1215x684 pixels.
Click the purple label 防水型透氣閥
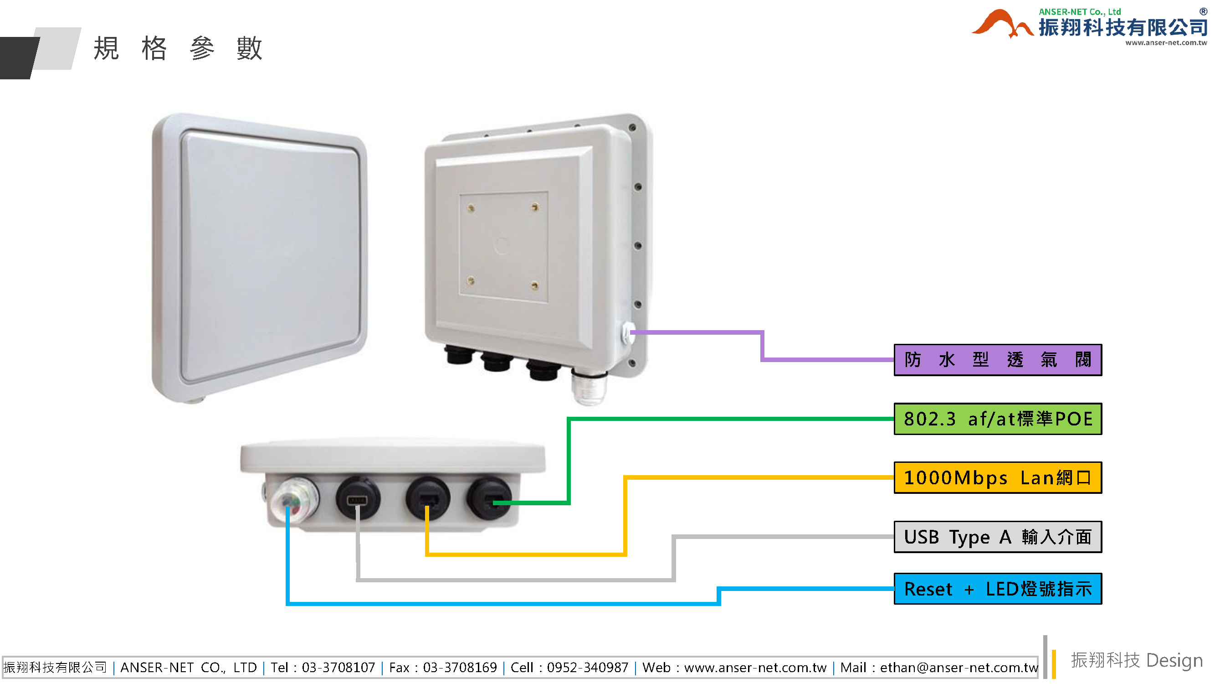point(997,360)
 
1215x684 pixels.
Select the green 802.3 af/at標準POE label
point(997,419)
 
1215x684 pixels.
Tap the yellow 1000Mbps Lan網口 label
point(997,478)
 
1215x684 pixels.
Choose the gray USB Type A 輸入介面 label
point(997,537)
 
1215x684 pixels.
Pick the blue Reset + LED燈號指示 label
point(997,589)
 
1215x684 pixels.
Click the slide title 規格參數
point(178,48)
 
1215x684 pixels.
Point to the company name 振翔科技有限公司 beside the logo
point(1122,27)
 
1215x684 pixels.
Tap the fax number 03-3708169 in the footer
point(459,668)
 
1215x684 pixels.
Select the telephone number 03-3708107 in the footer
point(338,668)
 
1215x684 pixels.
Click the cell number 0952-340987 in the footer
point(587,668)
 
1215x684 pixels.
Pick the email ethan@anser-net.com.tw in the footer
point(959,668)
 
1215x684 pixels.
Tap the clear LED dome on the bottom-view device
point(294,500)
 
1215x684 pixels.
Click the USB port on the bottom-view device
point(357,499)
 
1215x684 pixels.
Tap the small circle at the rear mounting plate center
point(501,245)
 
